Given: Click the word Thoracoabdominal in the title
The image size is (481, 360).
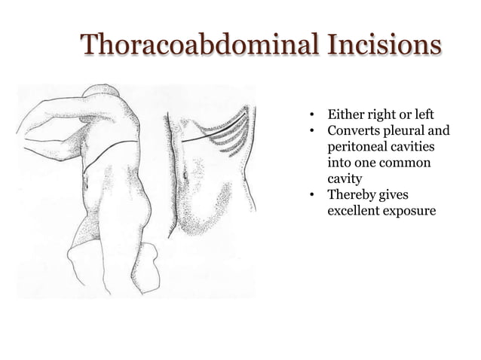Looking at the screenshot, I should [201, 45].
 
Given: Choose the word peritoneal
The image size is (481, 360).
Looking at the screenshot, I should [357, 147].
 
